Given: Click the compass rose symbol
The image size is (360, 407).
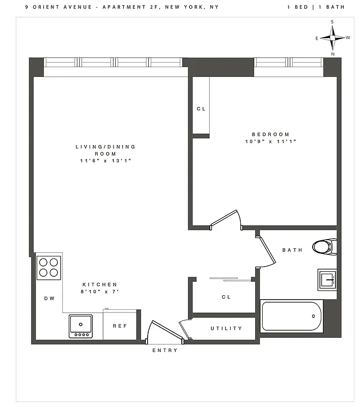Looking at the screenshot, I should [x=333, y=38].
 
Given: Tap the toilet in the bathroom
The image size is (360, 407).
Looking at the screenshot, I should [x=323, y=247].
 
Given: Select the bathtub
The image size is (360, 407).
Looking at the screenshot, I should [x=292, y=316].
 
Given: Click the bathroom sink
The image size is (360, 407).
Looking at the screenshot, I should [x=327, y=279].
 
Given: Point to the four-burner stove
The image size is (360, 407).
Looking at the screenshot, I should [x=48, y=267].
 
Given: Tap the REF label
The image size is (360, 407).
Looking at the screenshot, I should [x=120, y=326].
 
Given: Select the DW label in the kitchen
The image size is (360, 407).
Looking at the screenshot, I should [x=49, y=299].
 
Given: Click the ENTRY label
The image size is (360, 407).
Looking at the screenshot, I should [x=165, y=350].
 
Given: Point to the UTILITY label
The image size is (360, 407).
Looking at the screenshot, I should [x=227, y=329].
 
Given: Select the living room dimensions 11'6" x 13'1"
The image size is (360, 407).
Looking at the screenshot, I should [x=105, y=161].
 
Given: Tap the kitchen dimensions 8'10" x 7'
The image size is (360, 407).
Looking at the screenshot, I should [x=100, y=292].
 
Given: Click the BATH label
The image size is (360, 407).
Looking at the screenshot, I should [x=292, y=250].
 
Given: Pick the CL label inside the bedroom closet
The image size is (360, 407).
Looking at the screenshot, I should [x=201, y=109].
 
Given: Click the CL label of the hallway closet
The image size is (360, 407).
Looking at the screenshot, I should [x=226, y=297].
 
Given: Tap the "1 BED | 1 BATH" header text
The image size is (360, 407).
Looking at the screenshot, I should [x=316, y=7].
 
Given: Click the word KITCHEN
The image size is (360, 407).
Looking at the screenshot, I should [x=100, y=284].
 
